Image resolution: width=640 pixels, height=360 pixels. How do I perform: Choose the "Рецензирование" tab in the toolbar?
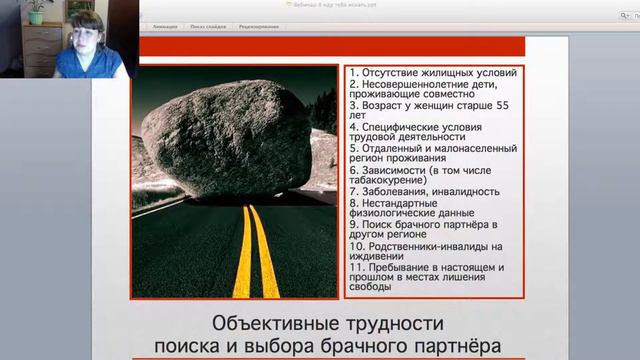point(258,27)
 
